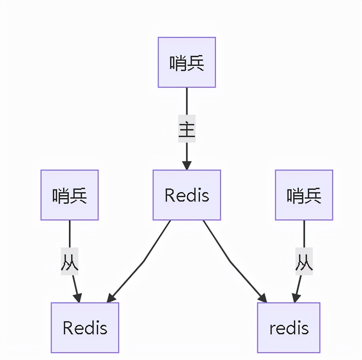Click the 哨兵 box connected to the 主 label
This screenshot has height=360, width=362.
coord(186,62)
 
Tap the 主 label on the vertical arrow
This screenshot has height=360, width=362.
coord(186,129)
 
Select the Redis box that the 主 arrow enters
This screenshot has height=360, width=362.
coord(186,195)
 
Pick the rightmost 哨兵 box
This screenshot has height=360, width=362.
coord(304,195)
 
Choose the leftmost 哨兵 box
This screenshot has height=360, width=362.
coord(69,195)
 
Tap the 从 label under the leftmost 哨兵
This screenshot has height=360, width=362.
coord(69,261)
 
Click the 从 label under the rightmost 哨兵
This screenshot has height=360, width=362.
coord(304,261)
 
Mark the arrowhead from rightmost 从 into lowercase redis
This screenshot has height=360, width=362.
coord(296,298)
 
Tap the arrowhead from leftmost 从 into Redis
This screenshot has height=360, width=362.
coord(77,298)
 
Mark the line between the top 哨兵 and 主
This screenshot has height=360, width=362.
coord(186,101)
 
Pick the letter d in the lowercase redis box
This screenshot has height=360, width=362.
coord(291,328)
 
